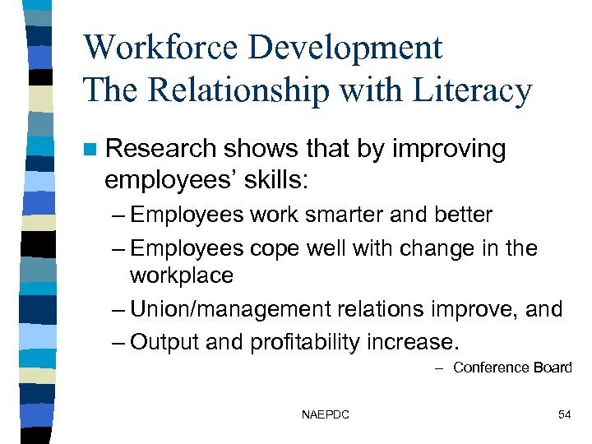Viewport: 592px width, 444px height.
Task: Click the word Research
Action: [160, 149]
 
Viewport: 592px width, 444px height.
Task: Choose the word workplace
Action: [181, 275]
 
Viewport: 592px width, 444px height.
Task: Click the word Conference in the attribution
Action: [491, 368]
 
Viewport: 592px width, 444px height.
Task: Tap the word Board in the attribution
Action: [552, 368]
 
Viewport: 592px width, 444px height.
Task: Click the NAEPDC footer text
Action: [326, 415]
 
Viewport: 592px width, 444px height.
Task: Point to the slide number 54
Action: [564, 415]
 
